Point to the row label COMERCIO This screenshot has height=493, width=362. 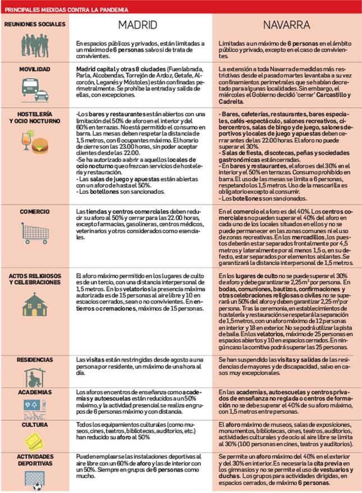tap(34, 212)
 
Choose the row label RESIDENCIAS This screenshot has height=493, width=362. tap(35, 359)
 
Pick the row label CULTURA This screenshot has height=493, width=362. tap(35, 426)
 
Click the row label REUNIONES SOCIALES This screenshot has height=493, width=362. tap(34, 24)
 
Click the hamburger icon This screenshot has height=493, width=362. tap(40, 147)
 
